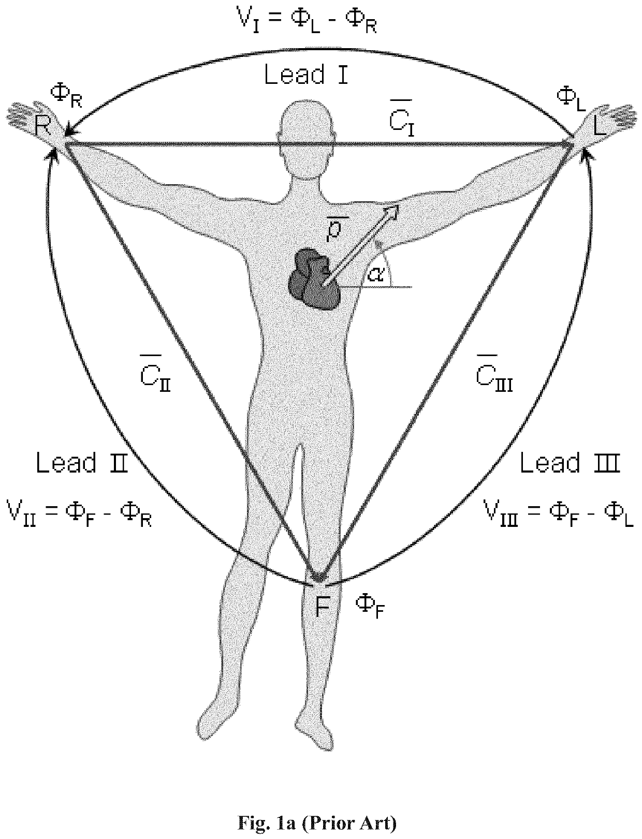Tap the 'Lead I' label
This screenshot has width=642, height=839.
pos(306,75)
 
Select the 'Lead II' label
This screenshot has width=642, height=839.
pos(82,463)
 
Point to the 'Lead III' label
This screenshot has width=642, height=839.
pos(570,463)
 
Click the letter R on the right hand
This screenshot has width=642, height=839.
pos(42,126)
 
